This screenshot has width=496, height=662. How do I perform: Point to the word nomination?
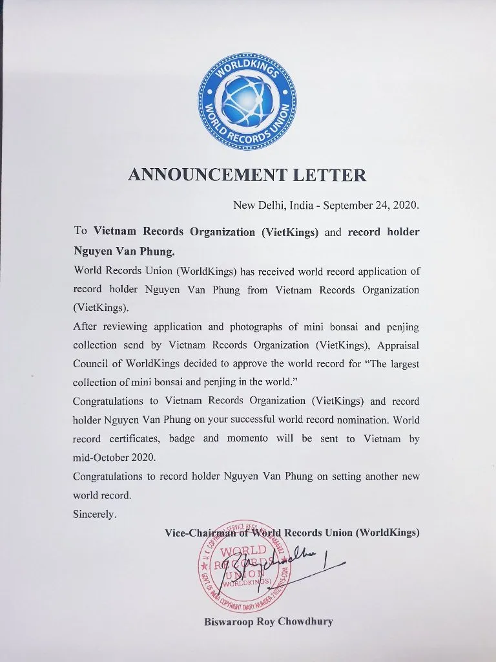tap(356, 420)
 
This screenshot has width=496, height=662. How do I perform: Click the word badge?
tap(183, 438)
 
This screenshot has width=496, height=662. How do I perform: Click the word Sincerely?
tap(94, 514)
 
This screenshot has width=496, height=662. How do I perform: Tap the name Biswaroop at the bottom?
tap(230, 622)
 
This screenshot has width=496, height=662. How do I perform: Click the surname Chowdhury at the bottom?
tap(305, 622)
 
